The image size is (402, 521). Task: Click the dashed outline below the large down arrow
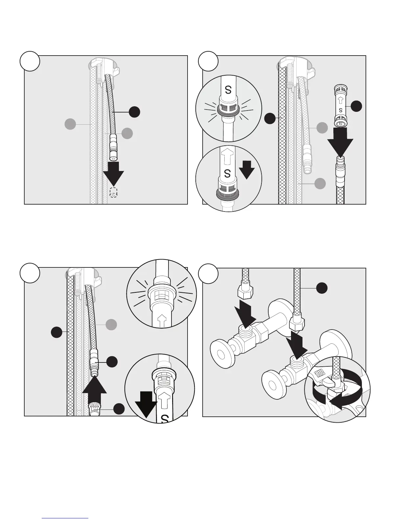pyautogui.click(x=113, y=192)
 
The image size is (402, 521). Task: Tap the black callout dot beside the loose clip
pyautogui.click(x=356, y=106)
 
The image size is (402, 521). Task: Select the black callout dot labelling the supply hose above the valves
pyautogui.click(x=322, y=288)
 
